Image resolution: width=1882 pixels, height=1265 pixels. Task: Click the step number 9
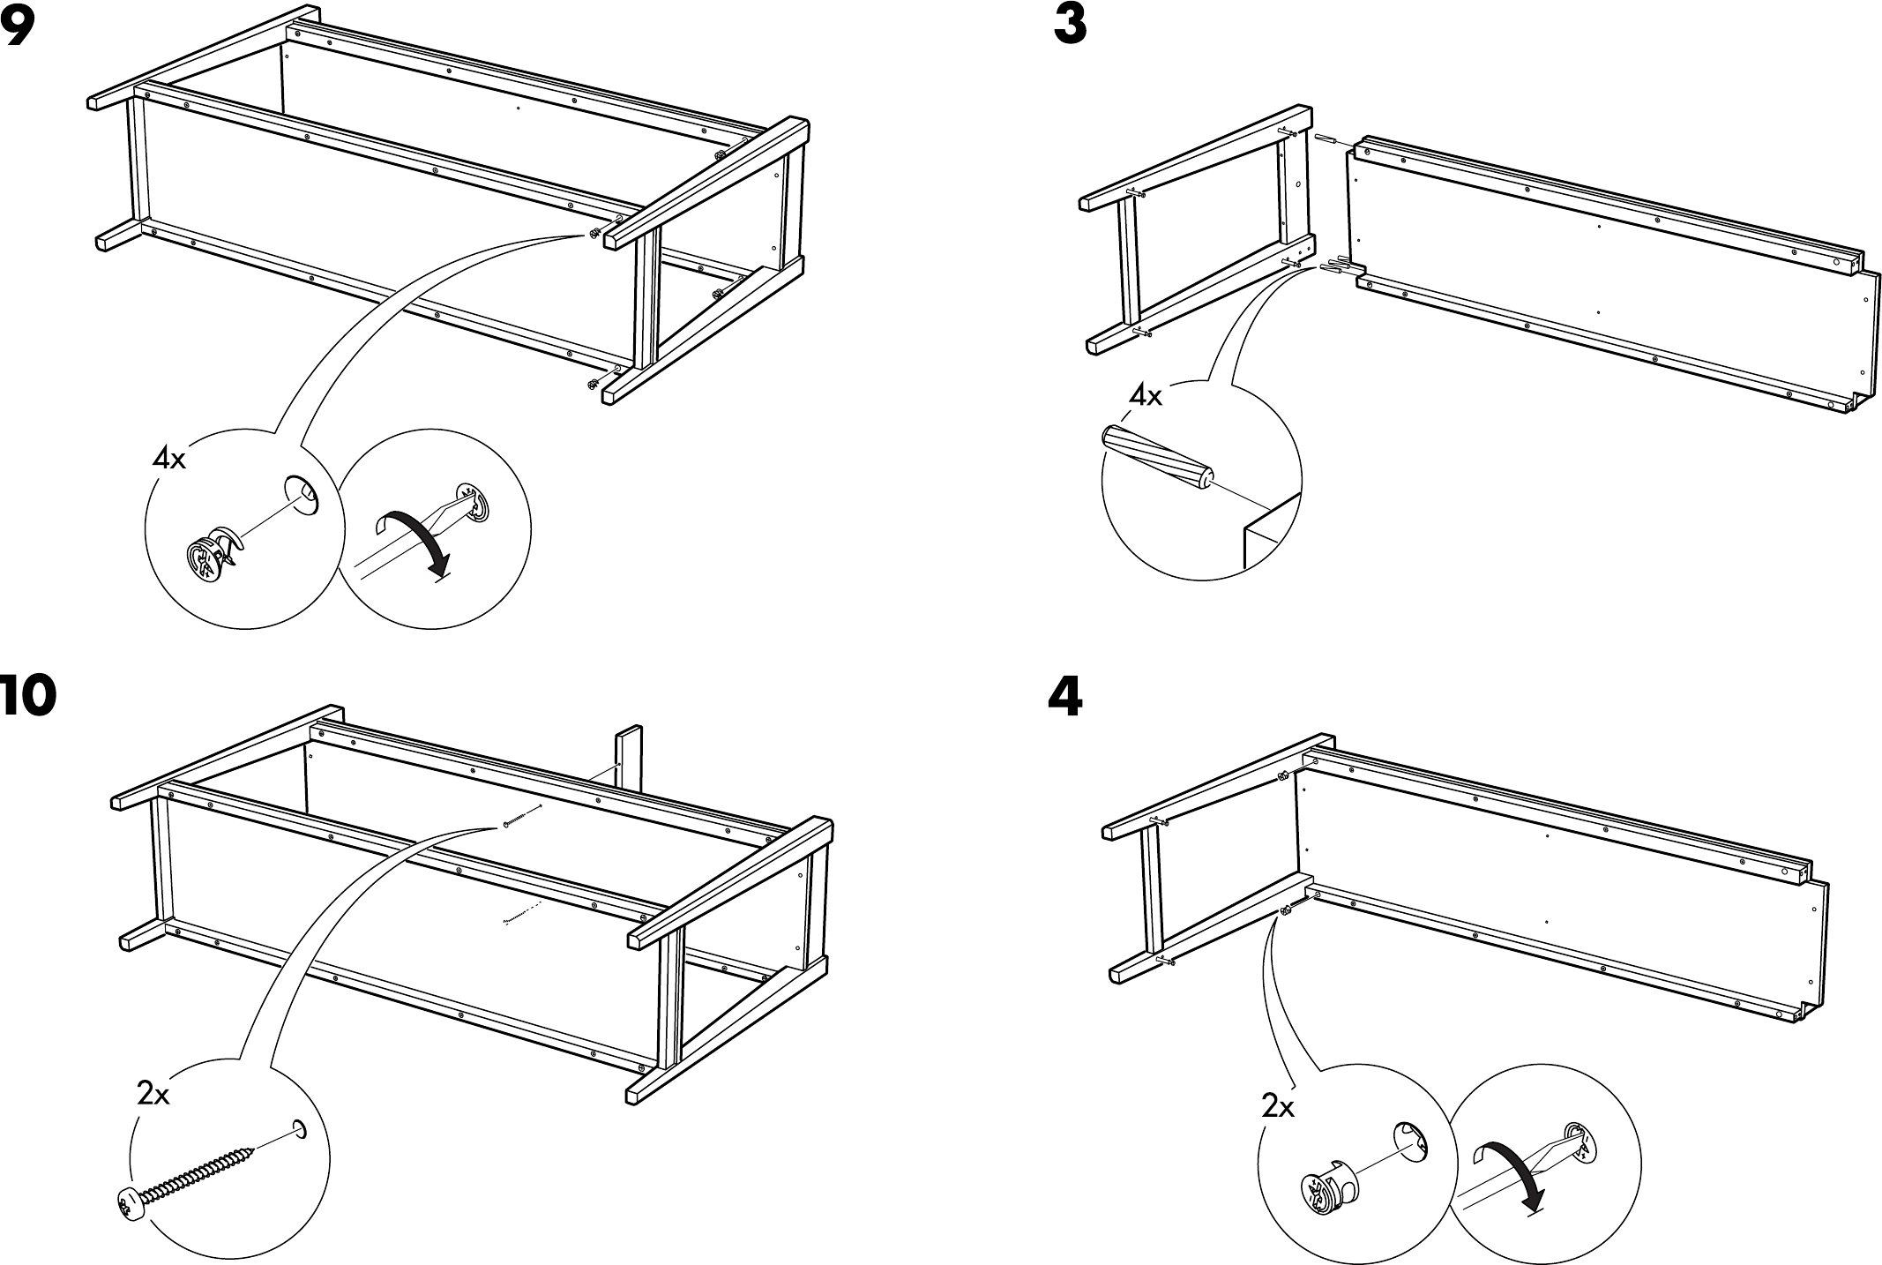point(17,28)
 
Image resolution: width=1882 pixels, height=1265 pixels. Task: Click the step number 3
point(1070,26)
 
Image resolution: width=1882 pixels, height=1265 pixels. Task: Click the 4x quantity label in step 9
point(169,458)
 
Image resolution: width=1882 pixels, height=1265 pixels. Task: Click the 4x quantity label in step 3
point(1146,396)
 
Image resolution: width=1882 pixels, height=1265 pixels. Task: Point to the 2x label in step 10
point(153,1095)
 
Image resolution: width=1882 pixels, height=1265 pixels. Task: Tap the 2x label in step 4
point(1277,1106)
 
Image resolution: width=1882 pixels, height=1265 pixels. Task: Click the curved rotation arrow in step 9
point(414,538)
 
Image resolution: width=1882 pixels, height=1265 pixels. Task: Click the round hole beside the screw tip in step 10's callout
point(299,1129)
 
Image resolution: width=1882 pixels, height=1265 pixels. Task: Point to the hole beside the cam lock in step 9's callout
point(301,492)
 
